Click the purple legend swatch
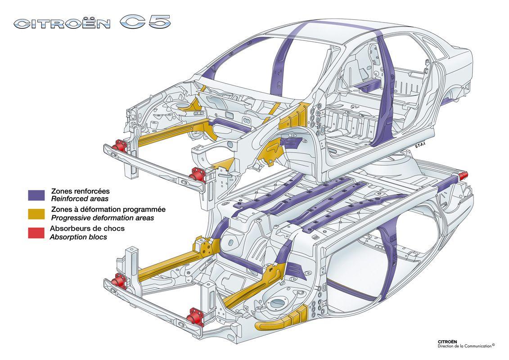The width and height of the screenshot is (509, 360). click(x=36, y=194)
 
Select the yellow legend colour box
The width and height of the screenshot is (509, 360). click(x=36, y=213)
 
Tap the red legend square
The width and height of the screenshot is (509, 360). click(x=36, y=233)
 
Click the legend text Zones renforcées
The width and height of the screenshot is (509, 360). click(x=81, y=191)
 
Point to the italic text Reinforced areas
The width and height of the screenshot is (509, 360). click(x=80, y=198)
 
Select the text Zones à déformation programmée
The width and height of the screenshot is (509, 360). click(x=108, y=210)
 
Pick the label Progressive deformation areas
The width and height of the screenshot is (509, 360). click(x=103, y=218)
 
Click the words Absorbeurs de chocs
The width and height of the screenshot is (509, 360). click(x=88, y=229)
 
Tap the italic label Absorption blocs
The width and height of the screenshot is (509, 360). click(x=78, y=237)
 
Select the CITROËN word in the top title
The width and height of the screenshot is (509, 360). click(x=62, y=23)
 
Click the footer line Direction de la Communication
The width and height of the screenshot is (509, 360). click(x=464, y=346)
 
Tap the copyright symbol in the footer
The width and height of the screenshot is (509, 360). click(x=493, y=345)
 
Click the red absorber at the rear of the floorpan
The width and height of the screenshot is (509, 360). click(x=463, y=175)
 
